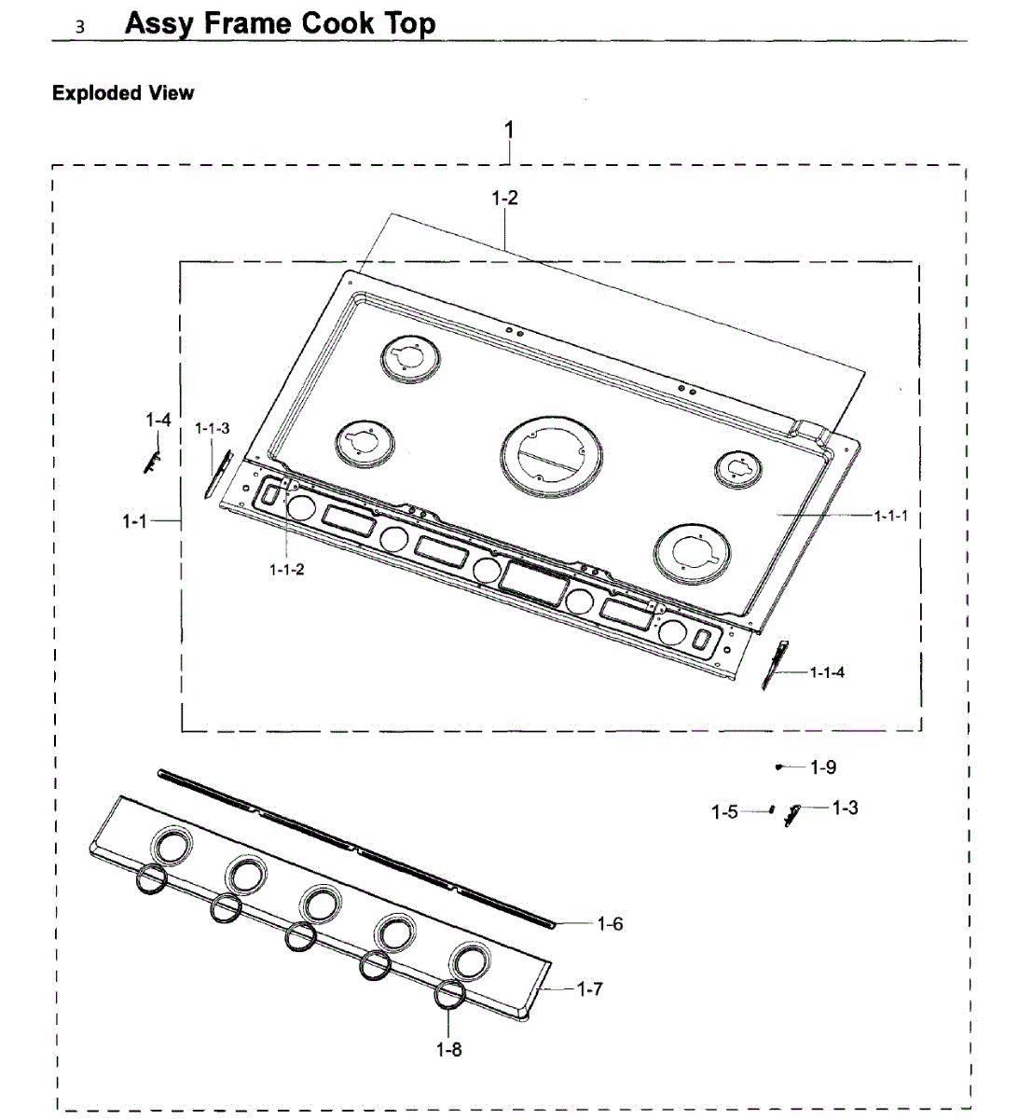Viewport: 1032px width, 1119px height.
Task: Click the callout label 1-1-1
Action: (x=890, y=516)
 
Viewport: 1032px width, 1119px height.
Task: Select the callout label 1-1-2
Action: (x=286, y=570)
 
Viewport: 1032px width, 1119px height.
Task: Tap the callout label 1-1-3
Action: (x=212, y=428)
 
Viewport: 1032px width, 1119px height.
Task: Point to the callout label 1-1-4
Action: (x=827, y=671)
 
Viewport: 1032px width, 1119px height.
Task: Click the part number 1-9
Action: (x=823, y=767)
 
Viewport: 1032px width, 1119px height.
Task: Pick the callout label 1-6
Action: (x=610, y=924)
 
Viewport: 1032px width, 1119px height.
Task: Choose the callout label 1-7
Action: (x=589, y=989)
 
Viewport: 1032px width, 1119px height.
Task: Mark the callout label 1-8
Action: (x=448, y=1050)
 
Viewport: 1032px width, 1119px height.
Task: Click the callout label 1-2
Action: (x=504, y=198)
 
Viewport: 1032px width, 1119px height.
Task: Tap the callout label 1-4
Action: (x=158, y=421)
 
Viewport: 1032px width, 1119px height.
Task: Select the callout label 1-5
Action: (x=724, y=812)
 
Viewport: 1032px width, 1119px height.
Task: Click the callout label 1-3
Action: (x=845, y=808)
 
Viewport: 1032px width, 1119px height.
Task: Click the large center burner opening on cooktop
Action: (x=551, y=455)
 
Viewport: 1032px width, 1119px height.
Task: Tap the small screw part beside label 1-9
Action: (x=778, y=767)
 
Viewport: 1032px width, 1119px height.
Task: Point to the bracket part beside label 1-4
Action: (x=152, y=459)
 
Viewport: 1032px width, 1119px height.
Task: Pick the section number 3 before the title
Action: (x=80, y=27)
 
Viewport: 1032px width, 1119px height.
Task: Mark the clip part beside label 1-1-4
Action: (x=774, y=664)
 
